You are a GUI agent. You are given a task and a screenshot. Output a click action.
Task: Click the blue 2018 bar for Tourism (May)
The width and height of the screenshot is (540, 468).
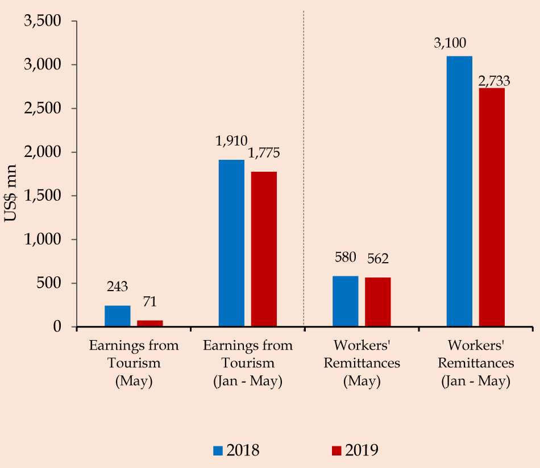pos(118,316)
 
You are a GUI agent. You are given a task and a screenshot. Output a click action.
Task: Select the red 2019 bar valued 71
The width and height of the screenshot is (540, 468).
pos(149,324)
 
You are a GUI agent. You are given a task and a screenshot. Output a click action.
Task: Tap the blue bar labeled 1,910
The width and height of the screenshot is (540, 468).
pos(231,243)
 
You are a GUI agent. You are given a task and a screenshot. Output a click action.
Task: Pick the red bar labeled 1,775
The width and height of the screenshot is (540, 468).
pos(264,249)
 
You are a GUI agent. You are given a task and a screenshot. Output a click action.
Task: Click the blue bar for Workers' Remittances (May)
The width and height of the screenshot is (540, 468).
pos(346,301)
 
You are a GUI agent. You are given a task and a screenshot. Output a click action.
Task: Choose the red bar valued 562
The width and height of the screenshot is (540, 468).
pos(377,302)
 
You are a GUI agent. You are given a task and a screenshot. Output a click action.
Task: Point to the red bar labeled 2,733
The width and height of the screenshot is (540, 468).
pos(492,208)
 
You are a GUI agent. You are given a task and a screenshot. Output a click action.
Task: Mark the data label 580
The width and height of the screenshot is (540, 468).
pos(345,257)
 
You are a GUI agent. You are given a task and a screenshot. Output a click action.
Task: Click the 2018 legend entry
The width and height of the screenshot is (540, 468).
pos(236,450)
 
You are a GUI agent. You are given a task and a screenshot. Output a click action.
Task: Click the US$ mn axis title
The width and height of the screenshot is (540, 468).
pos(13,196)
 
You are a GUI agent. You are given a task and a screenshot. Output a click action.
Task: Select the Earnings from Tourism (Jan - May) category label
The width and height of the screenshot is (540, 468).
pos(248,363)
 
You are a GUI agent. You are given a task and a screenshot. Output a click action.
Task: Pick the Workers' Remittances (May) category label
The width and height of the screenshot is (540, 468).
pos(362,363)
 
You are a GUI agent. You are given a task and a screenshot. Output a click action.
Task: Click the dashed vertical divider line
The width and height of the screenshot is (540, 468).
pos(304,171)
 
